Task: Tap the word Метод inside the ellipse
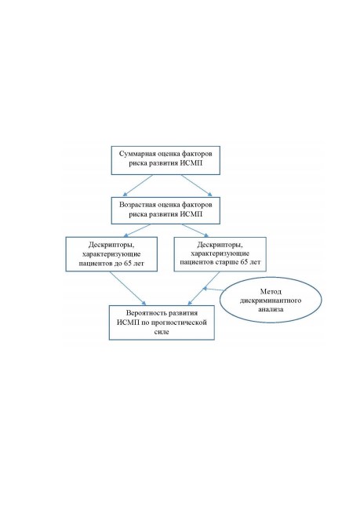pos(271,291)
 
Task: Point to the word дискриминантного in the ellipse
pos(271,301)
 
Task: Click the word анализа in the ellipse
pos(271,309)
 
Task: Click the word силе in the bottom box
pos(162,332)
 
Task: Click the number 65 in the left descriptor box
pos(128,264)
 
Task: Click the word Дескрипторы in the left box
pos(111,245)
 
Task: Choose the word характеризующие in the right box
pos(220,253)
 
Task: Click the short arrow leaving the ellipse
pos(213,289)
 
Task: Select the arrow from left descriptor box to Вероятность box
pos(128,288)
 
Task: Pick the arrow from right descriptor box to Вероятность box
pos(204,288)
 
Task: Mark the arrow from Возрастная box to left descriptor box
pos(137,230)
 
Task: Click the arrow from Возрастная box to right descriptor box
pos(195,230)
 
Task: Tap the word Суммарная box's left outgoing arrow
pos(137,185)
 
